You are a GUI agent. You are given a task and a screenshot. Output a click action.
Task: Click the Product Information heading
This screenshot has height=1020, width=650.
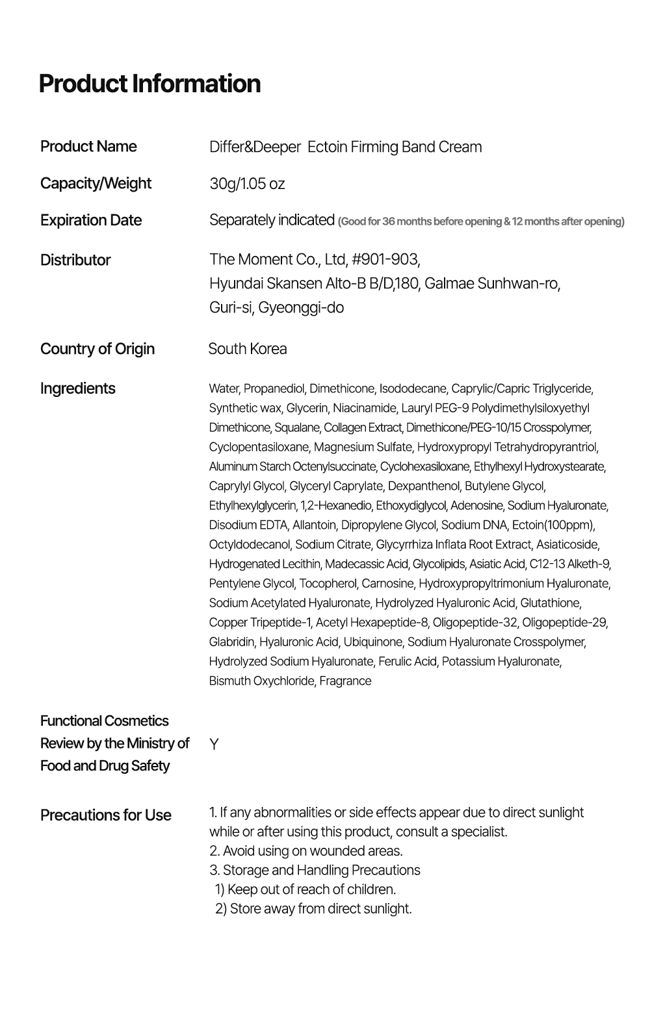click(x=149, y=84)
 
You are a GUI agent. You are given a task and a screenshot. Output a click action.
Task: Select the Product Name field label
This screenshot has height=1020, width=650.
click(x=88, y=146)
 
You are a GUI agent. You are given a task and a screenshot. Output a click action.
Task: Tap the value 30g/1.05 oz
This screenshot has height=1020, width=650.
click(x=247, y=184)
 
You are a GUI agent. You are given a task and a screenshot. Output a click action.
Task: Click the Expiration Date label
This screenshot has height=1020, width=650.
click(x=91, y=220)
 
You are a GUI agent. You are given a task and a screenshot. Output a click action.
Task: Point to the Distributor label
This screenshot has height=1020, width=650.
click(x=75, y=260)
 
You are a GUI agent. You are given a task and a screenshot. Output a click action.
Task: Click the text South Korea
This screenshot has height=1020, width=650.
click(x=248, y=349)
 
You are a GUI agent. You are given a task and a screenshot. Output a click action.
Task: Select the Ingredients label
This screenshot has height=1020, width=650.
click(x=77, y=389)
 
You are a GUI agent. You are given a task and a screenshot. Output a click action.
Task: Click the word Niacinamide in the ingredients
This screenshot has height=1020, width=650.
click(x=365, y=408)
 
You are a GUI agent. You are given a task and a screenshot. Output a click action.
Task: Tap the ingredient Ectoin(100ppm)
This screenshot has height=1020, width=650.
click(x=553, y=525)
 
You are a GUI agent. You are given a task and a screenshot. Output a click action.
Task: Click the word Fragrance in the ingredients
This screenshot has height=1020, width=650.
click(x=345, y=681)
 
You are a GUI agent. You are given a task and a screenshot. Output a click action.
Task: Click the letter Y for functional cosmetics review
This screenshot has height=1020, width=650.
click(x=214, y=744)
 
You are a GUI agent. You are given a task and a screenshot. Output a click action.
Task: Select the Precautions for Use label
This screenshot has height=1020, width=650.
click(x=106, y=815)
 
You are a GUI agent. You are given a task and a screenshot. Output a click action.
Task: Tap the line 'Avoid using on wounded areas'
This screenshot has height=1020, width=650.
click(x=306, y=850)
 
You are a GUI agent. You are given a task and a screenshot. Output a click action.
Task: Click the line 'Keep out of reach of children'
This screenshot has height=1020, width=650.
click(x=305, y=889)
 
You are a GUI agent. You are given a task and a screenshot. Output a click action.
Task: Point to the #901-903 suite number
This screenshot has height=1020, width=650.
click(x=386, y=260)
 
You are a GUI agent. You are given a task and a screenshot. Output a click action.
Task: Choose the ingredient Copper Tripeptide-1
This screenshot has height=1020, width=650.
click(x=260, y=622)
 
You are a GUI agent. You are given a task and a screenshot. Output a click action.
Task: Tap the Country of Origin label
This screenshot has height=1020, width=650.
click(x=97, y=349)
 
